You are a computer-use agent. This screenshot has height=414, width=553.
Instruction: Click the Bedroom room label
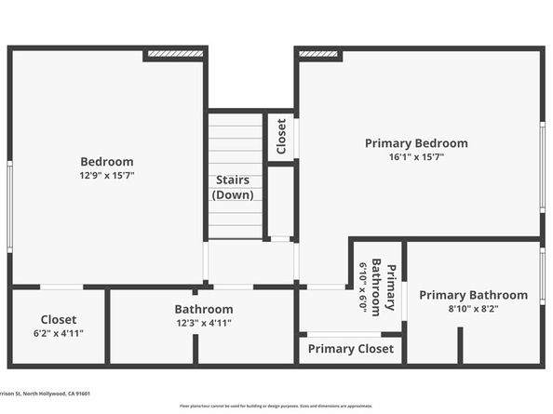(106, 161)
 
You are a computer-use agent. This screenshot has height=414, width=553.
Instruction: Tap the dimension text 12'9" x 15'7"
(106, 175)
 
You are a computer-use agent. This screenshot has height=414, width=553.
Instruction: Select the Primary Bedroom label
(416, 143)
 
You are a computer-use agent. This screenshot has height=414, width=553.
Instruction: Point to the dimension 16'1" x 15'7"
(416, 157)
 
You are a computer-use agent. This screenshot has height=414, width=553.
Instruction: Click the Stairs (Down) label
(233, 187)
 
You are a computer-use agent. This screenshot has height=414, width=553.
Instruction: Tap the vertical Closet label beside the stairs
(281, 137)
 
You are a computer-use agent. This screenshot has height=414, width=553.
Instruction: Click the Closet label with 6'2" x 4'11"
(58, 319)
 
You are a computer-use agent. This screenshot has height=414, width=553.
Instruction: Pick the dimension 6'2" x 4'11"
(58, 333)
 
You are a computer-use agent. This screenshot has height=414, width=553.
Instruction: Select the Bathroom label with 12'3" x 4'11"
(203, 309)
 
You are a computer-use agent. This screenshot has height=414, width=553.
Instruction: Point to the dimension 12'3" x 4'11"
(203, 323)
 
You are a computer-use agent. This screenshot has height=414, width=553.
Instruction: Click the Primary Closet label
(351, 349)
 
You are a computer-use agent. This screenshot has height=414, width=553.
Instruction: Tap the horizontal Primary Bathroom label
(473, 295)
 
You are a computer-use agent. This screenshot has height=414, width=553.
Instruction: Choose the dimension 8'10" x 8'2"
(473, 309)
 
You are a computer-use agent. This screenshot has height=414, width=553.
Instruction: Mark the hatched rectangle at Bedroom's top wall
(174, 55)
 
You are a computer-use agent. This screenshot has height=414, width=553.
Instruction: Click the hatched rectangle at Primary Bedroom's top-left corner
(318, 55)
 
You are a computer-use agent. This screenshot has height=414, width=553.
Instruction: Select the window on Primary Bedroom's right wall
(542, 167)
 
